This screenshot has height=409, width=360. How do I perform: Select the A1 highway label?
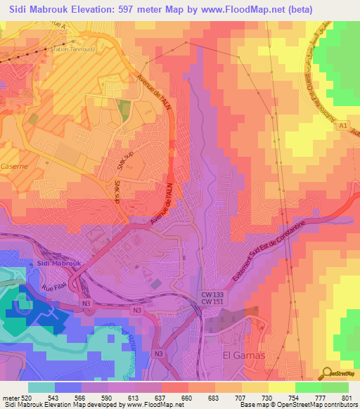(x=343, y=126)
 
